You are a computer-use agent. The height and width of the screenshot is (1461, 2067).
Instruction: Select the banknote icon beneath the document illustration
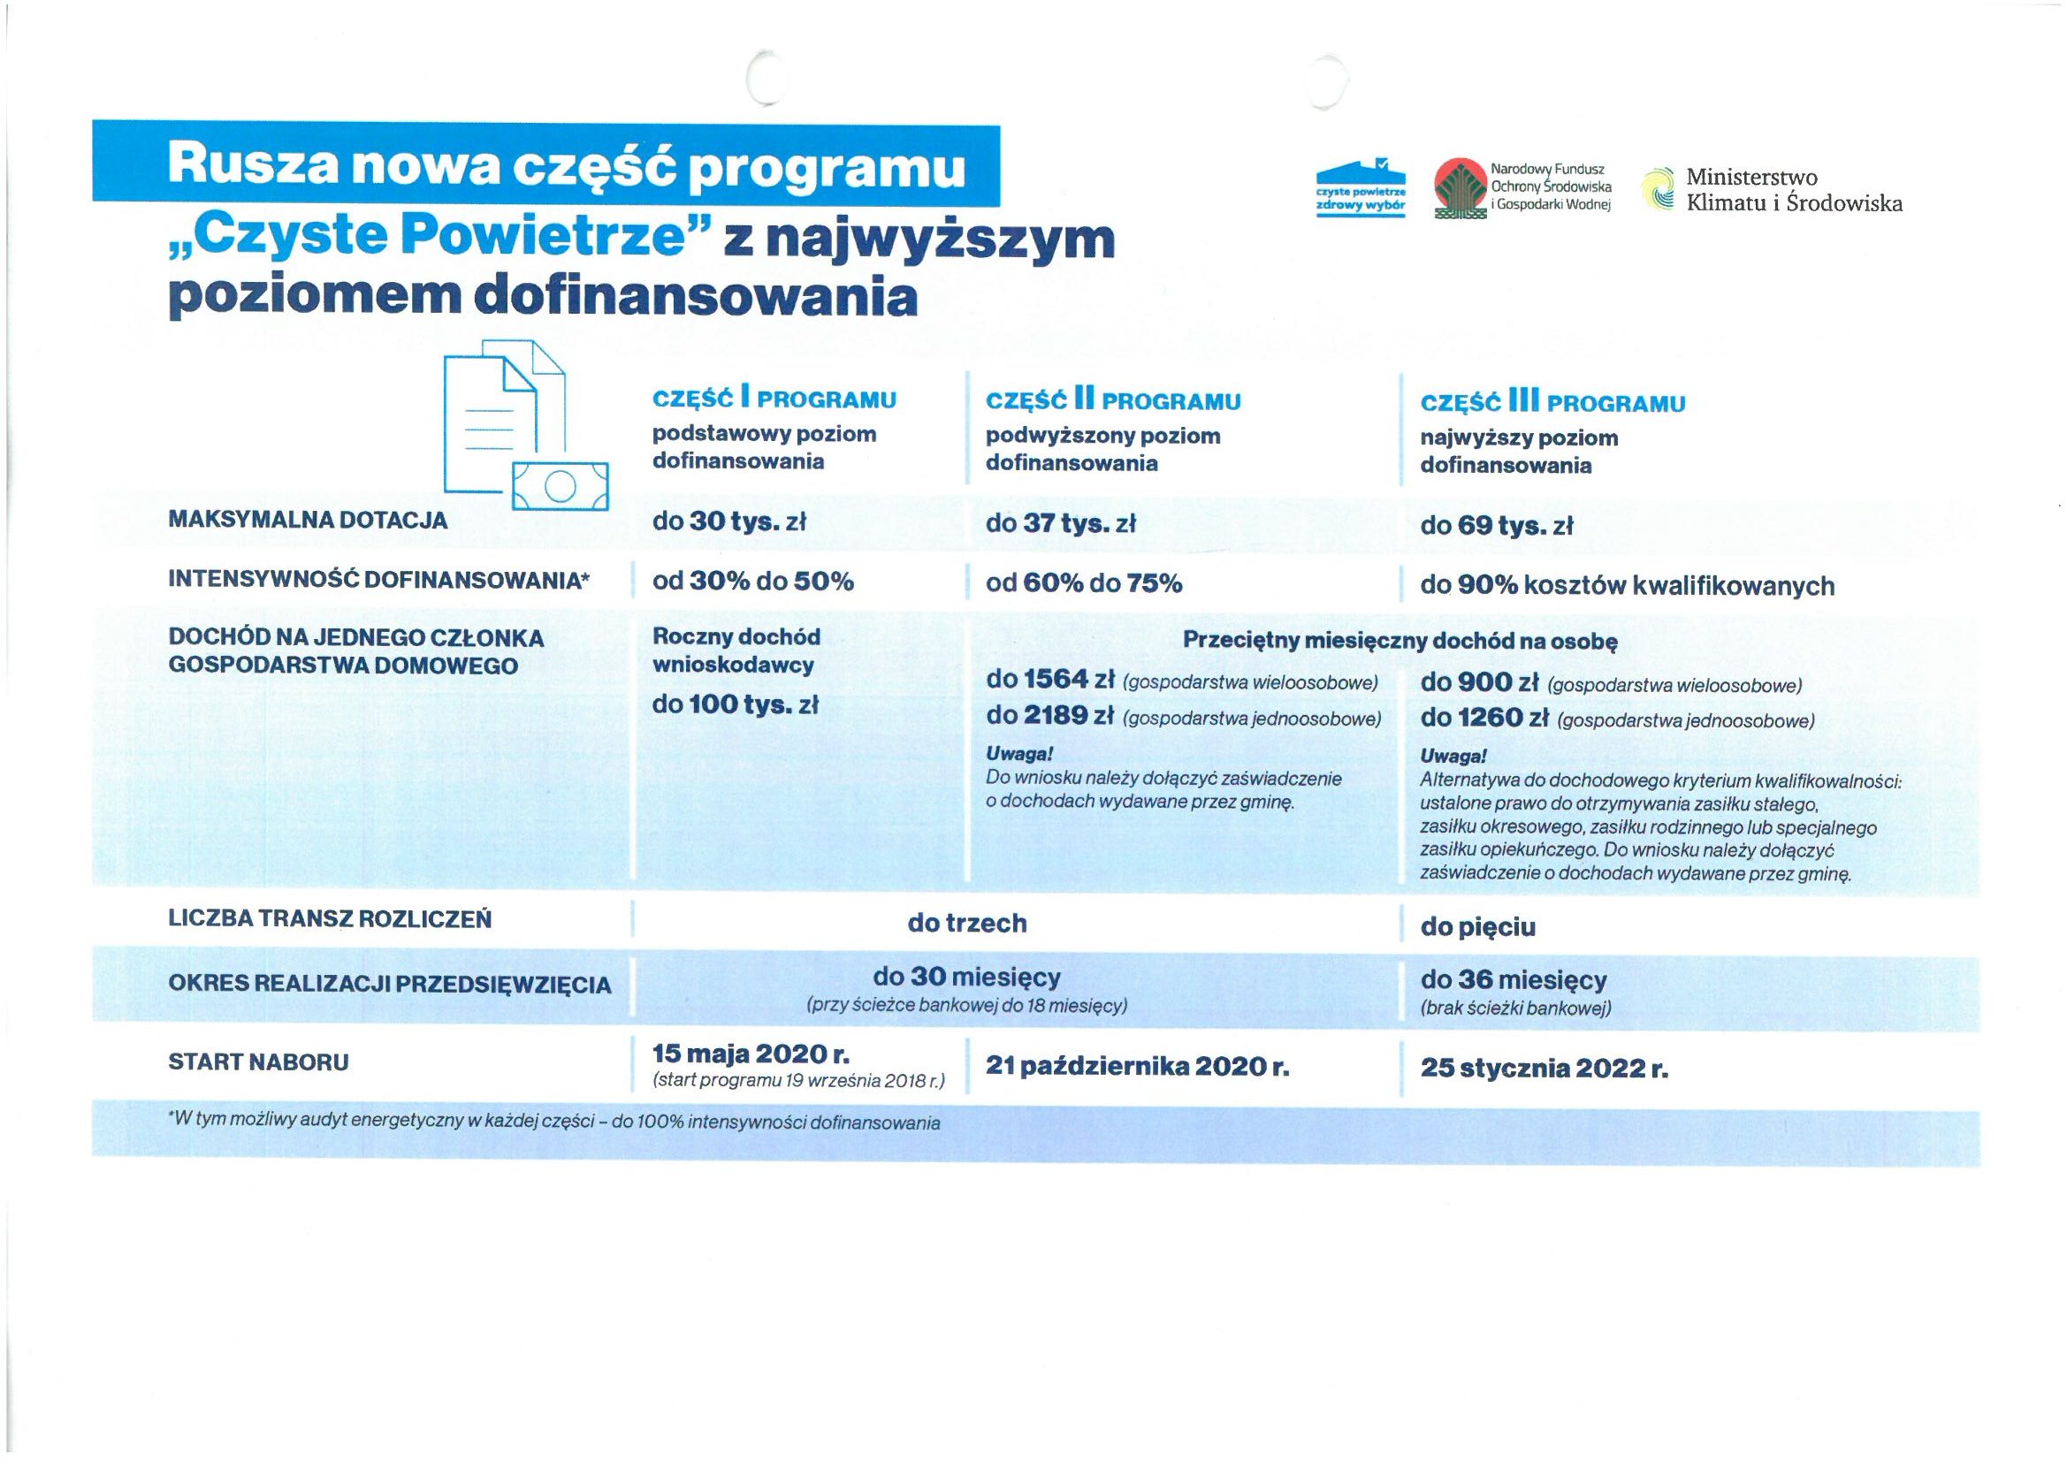click(560, 487)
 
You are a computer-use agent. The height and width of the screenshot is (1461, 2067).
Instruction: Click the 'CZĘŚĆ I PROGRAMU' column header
click(774, 399)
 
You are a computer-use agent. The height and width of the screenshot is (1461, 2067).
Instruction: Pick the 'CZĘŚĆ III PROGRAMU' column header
click(1552, 402)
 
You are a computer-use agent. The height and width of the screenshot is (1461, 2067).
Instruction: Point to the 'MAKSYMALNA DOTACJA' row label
click(307, 521)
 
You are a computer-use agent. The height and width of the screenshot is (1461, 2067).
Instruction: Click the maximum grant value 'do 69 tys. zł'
click(1495, 526)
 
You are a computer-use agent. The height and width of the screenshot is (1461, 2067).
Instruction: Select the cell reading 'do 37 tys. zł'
click(1061, 523)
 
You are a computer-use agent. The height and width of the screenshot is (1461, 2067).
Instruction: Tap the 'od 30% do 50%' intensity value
click(752, 581)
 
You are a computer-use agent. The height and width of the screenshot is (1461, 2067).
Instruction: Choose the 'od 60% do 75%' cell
click(1083, 583)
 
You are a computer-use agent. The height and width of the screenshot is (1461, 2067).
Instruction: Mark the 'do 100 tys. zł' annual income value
click(735, 704)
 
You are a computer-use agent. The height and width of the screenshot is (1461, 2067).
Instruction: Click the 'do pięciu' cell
click(1477, 927)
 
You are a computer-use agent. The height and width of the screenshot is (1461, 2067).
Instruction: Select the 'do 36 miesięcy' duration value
click(1514, 979)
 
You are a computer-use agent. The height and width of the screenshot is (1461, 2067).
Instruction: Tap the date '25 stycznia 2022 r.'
click(1544, 1069)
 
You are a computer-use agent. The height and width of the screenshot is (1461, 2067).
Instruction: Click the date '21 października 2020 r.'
click(1137, 1066)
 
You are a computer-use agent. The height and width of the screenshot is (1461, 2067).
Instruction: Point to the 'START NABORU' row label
click(258, 1062)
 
